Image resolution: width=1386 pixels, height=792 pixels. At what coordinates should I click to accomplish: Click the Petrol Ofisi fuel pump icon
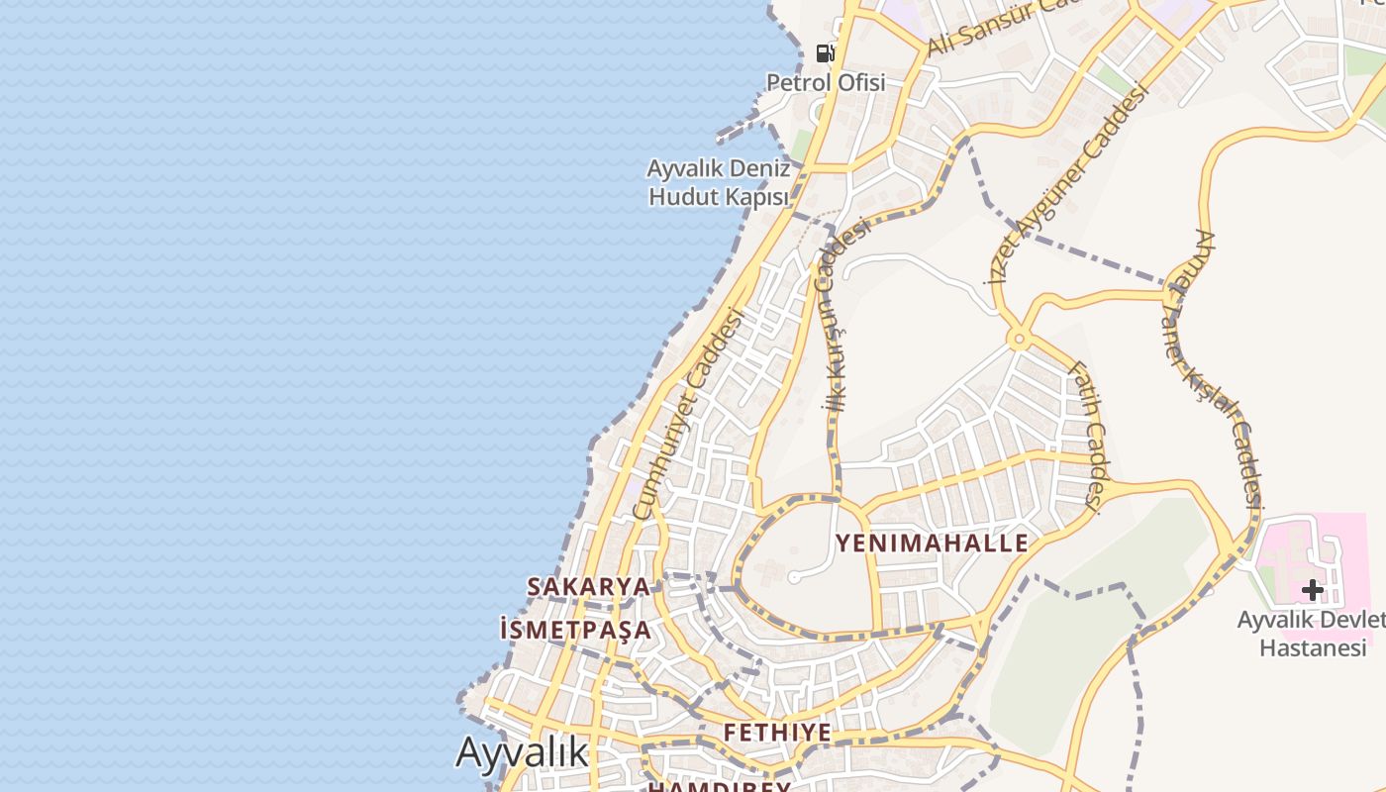825,52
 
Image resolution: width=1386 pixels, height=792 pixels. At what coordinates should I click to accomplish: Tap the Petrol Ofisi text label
826,83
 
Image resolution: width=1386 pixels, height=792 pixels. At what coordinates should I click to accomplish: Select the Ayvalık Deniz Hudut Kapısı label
719,182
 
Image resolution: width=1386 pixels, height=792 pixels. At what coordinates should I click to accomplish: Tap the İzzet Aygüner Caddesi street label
1069,183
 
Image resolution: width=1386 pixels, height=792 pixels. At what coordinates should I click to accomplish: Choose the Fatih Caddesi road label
1085,435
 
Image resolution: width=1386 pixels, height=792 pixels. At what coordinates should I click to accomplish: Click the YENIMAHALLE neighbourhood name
932,544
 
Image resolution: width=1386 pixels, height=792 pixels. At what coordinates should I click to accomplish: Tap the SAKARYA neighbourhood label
589,587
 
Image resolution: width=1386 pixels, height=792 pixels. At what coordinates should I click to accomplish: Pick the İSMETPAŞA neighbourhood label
576,630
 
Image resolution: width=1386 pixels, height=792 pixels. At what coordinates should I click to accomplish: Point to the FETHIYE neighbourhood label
777,733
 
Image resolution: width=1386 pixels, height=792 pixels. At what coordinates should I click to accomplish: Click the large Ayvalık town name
522,752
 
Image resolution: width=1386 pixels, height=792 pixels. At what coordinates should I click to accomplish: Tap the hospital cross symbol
1312,590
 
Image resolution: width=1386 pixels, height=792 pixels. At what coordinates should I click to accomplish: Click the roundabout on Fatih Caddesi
1018,340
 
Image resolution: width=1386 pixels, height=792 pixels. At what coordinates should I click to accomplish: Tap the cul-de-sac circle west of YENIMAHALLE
793,577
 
